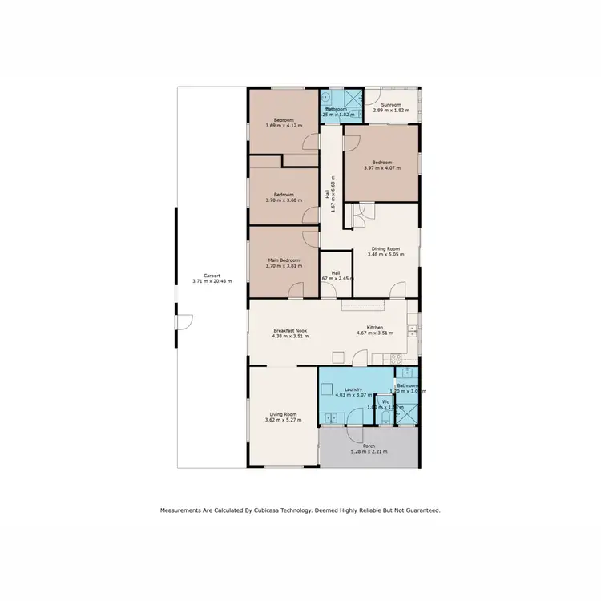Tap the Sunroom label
click(391, 104)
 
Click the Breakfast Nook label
click(289, 330)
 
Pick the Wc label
click(385, 401)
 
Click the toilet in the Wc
click(385, 420)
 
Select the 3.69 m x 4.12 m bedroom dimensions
click(284, 125)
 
